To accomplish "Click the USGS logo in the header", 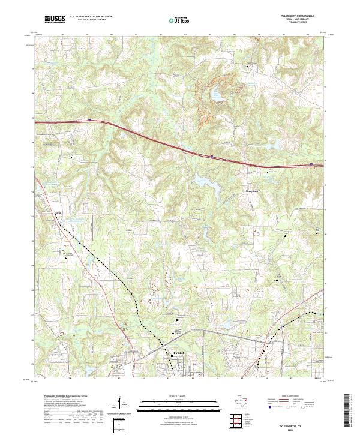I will [54, 20].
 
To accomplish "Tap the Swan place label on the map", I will [58, 211].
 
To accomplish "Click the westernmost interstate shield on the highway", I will [89, 120].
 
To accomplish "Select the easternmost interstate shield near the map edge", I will [311, 163].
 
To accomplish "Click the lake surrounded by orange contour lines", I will [214, 94].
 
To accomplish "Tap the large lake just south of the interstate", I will [201, 180].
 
